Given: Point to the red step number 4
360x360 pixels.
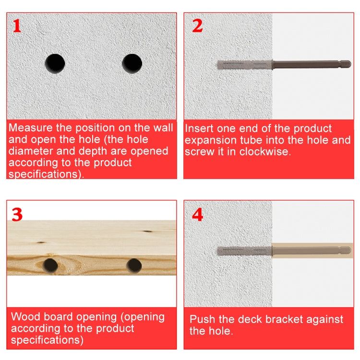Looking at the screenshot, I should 197,214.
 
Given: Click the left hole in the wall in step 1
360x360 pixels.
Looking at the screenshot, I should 55,63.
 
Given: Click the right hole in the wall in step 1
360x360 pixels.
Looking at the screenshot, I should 132,63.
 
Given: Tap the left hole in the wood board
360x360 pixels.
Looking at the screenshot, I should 50,264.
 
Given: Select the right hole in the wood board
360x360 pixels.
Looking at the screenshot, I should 134,264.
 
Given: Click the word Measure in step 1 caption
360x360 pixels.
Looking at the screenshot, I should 31,128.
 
